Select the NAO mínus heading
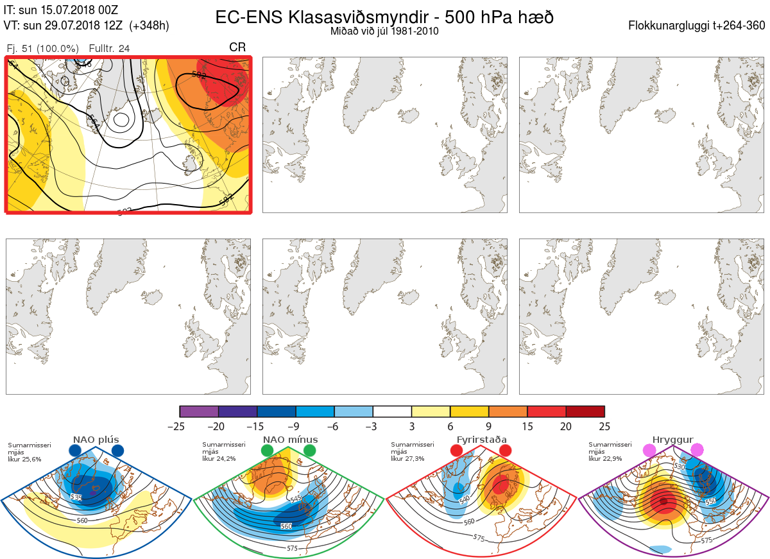pyautogui.click(x=290, y=440)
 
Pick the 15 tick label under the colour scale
pyautogui.click(x=527, y=426)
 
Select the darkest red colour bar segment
pyautogui.click(x=585, y=411)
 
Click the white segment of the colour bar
pyautogui.click(x=392, y=411)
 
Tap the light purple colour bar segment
pyautogui.click(x=199, y=411)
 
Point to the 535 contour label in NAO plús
pyautogui.click(x=76, y=497)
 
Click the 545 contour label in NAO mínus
pyautogui.click(x=295, y=499)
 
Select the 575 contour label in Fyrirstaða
pyautogui.click(x=478, y=537)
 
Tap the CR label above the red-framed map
pyautogui.click(x=237, y=47)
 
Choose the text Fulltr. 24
pyautogui.click(x=110, y=48)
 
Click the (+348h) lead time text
pyautogui.click(x=149, y=26)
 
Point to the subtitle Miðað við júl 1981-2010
pyautogui.click(x=384, y=31)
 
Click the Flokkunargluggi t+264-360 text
pyautogui.click(x=698, y=26)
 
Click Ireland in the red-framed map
pyautogui.click(x=189, y=166)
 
